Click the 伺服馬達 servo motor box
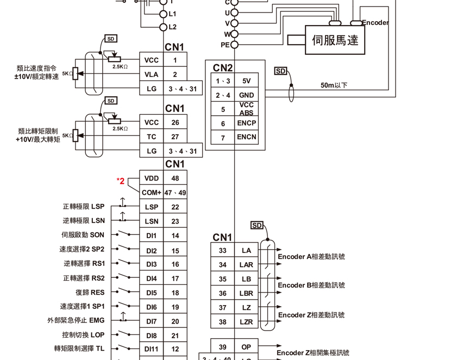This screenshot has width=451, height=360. (335, 40)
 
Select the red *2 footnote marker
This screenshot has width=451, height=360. (121, 181)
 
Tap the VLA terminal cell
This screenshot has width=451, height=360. (152, 75)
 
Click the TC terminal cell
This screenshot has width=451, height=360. (152, 137)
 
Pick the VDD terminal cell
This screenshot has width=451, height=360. (152, 178)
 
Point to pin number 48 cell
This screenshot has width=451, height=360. (175, 178)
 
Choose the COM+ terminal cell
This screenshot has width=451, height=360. (152, 193)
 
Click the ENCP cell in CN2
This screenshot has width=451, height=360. (246, 123)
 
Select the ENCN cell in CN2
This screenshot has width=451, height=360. (246, 137)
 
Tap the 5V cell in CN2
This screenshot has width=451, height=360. (246, 81)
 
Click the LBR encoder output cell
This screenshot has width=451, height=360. (246, 293)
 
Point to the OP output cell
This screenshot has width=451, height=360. (246, 347)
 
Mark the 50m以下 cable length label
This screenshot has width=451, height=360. (334, 85)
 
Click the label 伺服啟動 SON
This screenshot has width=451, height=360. (83, 235)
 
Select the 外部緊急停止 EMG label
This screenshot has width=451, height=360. (76, 321)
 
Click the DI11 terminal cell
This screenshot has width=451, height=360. (152, 349)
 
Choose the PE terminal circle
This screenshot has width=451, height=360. (235, 45)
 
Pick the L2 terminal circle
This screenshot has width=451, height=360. (163, 27)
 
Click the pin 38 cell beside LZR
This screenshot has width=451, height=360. (223, 322)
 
